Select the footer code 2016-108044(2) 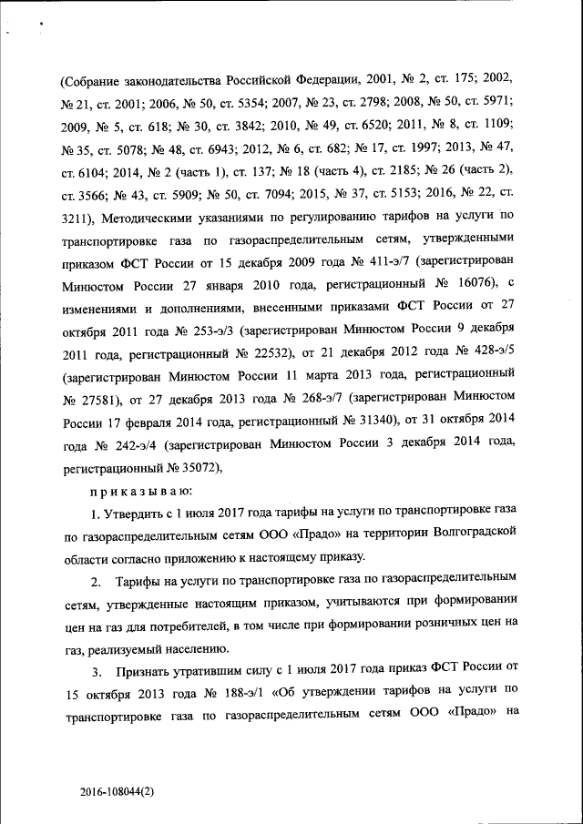coord(117,792)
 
